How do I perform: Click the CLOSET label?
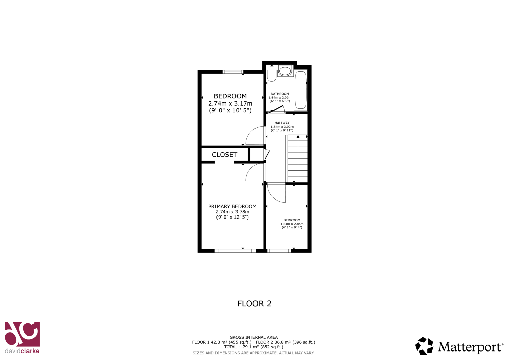(225, 155)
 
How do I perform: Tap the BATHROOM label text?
(280, 94)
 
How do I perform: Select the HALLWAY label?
(282, 123)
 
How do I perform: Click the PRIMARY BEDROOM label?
(232, 206)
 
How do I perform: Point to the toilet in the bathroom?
(271, 76)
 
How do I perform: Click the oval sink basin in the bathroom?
(285, 71)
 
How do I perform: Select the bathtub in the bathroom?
(300, 90)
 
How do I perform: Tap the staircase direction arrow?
(298, 137)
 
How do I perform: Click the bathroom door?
(276, 109)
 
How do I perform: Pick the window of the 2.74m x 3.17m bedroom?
(233, 72)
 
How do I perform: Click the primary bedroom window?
(235, 251)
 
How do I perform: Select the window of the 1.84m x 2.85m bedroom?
(279, 251)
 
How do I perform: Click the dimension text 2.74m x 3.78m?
(232, 212)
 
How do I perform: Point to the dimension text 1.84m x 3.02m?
(282, 127)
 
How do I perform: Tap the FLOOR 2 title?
(254, 304)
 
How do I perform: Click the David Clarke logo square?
(22, 334)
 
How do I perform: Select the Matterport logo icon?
(424, 346)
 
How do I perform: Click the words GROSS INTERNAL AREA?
(253, 337)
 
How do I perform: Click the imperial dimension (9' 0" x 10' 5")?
(230, 111)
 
